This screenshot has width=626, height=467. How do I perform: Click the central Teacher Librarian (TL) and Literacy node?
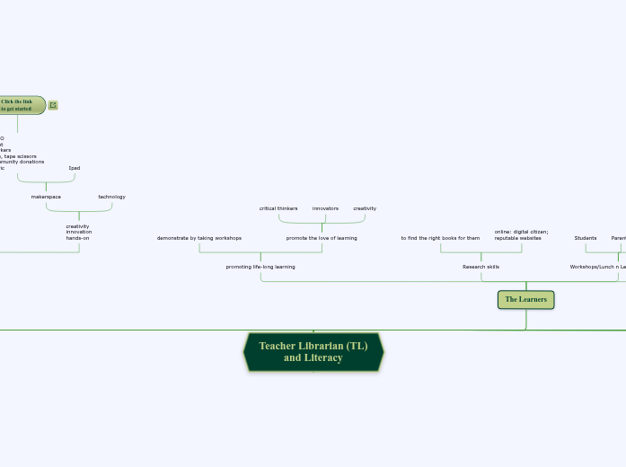313,352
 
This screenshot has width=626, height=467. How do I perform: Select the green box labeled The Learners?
525,299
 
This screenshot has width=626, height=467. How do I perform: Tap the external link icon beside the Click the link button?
53,105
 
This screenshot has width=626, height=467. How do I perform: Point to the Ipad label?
75,168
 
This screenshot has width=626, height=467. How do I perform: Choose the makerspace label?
46,197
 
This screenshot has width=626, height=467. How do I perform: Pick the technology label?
111,197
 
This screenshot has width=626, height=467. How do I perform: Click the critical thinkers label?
278,208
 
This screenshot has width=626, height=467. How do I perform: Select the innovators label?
325,208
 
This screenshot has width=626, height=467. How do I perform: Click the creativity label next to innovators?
365,208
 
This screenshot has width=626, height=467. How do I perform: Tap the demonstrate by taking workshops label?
199,238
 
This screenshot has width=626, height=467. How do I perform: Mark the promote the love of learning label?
322,238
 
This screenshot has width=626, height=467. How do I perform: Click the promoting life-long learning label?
260,267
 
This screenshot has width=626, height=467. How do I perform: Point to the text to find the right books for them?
440,238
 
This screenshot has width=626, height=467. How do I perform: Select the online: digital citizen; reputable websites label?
521,234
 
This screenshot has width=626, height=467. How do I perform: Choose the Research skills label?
481,267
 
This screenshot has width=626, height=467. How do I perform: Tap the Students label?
586,238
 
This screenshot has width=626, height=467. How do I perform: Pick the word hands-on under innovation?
77,238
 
